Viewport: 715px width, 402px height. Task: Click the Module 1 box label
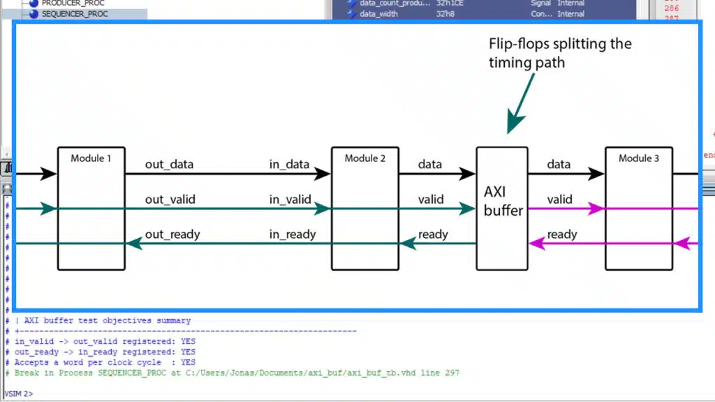91,158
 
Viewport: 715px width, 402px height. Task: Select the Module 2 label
364,158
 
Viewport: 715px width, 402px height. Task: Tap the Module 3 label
638,158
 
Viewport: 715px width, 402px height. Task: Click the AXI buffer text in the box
503,200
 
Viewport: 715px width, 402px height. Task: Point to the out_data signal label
169,165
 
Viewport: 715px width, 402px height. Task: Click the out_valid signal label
170,200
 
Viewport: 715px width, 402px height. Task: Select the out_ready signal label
172,234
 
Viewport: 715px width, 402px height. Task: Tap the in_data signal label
289,165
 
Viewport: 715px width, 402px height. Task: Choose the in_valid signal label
290,200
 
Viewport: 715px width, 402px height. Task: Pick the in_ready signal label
292,234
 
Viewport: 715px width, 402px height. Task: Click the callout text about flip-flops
559,53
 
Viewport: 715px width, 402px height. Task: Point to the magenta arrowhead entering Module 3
596,208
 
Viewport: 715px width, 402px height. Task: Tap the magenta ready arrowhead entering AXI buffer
537,243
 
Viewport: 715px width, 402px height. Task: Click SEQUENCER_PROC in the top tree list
75,13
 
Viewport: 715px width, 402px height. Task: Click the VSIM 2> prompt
19,394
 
